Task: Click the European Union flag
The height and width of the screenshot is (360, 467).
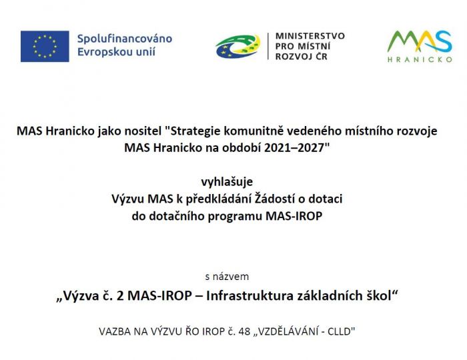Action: click(45, 46)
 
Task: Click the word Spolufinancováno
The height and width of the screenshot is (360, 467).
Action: click(125, 39)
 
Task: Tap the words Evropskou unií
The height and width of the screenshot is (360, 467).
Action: click(117, 52)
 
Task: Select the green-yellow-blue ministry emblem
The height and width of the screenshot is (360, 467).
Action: click(238, 47)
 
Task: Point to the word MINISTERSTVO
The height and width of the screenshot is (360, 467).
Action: click(310, 36)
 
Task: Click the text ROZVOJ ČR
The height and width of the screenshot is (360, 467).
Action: click(301, 56)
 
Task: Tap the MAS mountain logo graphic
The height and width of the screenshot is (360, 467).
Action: click(420, 41)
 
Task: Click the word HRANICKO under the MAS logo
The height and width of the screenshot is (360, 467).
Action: click(420, 59)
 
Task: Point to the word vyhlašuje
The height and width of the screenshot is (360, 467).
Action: click(227, 182)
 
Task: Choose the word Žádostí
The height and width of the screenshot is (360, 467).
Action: click(274, 199)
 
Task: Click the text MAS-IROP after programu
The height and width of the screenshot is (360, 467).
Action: click(294, 216)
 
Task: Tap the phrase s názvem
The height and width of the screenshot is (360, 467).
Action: click(227, 277)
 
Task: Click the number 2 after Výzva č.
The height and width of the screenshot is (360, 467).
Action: click(120, 296)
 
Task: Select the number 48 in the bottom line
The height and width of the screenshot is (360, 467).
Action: click(244, 331)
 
